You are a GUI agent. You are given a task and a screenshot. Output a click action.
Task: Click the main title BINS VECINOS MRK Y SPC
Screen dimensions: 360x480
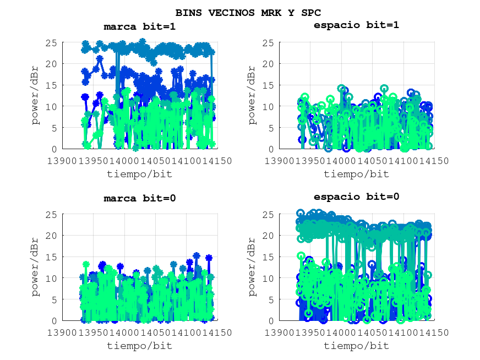(x=248, y=13)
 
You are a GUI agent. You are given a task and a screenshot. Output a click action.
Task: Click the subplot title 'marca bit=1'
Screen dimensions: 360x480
(x=140, y=26)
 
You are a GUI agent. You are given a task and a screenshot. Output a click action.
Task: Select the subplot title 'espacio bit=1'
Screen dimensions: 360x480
(x=356, y=25)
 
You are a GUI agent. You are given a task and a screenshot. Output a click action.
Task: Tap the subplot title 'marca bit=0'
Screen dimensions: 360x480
(x=140, y=198)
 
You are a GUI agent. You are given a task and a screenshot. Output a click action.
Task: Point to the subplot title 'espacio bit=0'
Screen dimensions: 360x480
(x=356, y=197)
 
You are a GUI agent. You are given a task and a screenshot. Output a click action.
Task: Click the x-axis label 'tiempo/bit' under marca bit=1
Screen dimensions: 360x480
(x=139, y=174)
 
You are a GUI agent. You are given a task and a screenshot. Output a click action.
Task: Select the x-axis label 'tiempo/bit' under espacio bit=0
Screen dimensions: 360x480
(x=356, y=346)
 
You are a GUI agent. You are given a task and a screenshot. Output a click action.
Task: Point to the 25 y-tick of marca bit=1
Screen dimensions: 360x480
(x=53, y=42)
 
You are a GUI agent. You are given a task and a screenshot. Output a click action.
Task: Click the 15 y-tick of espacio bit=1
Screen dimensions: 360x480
(x=269, y=85)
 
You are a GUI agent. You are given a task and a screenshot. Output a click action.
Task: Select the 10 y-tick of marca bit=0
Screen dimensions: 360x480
(x=53, y=279)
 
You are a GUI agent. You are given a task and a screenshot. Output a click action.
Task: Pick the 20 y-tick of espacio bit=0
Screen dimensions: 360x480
(x=269, y=236)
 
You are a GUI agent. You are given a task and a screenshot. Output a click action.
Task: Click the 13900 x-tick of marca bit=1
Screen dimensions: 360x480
(x=63, y=161)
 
